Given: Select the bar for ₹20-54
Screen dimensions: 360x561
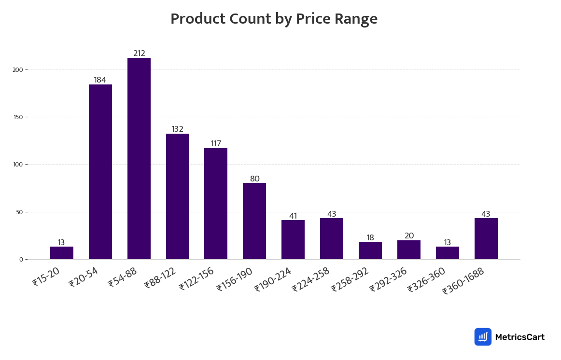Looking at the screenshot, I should click(x=100, y=172).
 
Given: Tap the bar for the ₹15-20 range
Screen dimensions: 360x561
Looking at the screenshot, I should click(x=62, y=253).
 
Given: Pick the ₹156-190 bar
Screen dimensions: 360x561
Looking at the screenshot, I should click(x=254, y=221).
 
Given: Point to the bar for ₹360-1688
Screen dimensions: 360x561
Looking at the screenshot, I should click(x=486, y=238).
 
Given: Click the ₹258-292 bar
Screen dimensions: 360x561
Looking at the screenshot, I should click(x=370, y=250).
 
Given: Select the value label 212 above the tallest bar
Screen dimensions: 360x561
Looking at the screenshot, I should click(x=139, y=54).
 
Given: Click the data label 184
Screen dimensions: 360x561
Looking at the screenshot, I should click(x=100, y=80).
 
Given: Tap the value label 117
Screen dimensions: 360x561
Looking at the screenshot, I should click(x=216, y=144).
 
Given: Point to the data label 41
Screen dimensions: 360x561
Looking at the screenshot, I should click(x=293, y=216).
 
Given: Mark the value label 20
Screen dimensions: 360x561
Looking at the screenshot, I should click(x=409, y=236).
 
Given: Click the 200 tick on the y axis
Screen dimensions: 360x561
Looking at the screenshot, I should click(x=18, y=69).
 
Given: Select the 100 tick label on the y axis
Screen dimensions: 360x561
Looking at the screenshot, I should click(x=18, y=165).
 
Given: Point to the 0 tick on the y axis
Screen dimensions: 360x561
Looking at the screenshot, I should click(x=21, y=260).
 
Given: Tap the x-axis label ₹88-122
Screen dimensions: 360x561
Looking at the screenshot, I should click(x=160, y=278).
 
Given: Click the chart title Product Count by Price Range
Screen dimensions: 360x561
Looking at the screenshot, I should click(x=274, y=19).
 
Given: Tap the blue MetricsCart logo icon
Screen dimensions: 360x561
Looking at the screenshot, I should click(x=483, y=337).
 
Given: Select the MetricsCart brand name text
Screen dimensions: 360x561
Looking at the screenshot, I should click(x=519, y=337).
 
